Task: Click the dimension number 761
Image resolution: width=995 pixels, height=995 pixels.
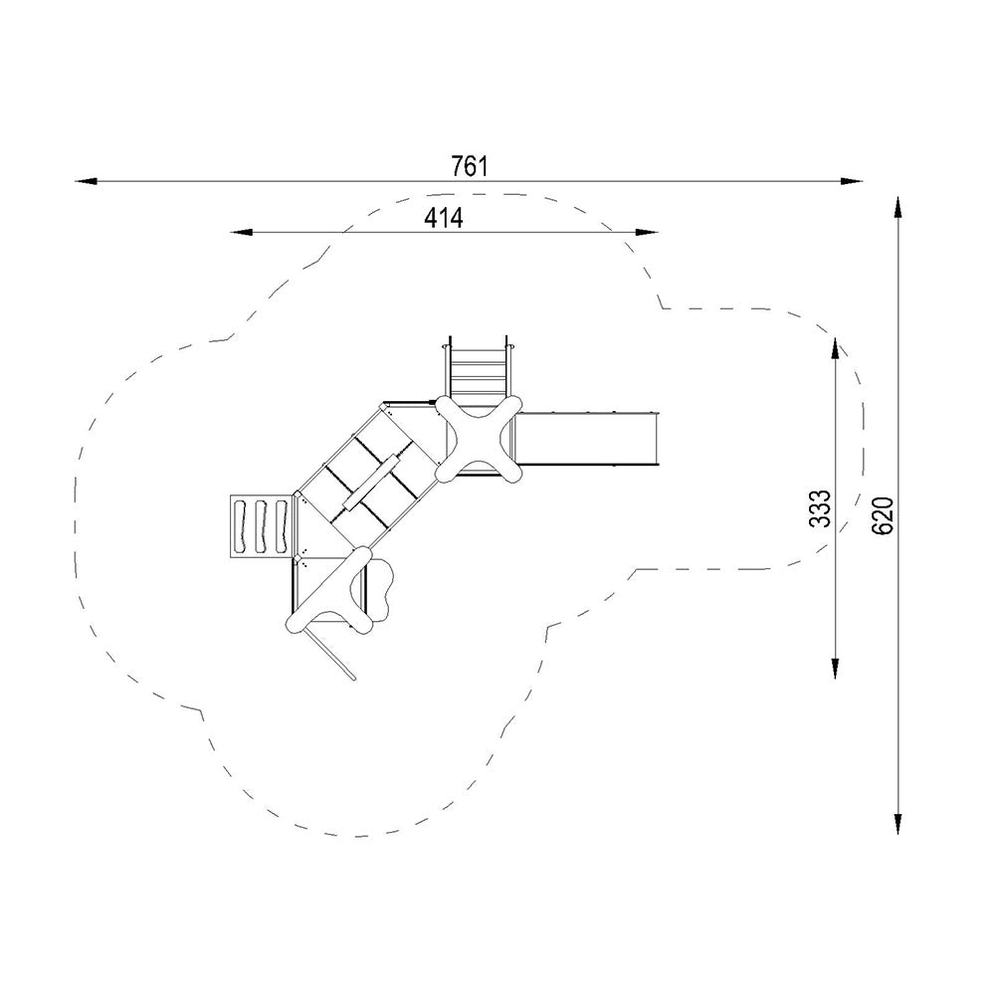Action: coord(470,166)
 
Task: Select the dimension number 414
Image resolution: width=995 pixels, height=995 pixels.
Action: coord(444,218)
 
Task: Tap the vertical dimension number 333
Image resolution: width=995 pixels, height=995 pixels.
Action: coord(821,508)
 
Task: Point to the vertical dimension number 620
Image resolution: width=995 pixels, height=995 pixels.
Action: coord(883,515)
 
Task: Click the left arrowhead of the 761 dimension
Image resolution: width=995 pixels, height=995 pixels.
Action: coord(87,181)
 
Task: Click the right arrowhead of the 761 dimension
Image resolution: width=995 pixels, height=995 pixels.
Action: coord(852,181)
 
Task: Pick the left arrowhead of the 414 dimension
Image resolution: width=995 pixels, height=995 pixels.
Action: coord(242,232)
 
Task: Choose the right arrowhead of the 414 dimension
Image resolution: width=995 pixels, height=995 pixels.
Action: coord(647,232)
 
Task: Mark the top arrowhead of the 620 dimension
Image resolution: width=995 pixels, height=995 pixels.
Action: coord(897,208)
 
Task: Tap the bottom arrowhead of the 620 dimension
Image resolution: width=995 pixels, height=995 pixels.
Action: coord(897,823)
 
